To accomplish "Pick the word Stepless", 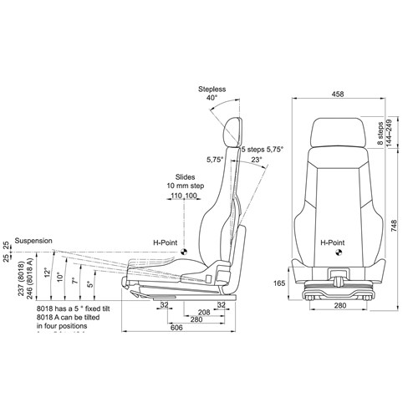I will tap(212, 88).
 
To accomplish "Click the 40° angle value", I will tap(212, 98).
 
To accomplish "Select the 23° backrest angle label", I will tap(255, 159).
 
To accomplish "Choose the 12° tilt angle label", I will tap(48, 273).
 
